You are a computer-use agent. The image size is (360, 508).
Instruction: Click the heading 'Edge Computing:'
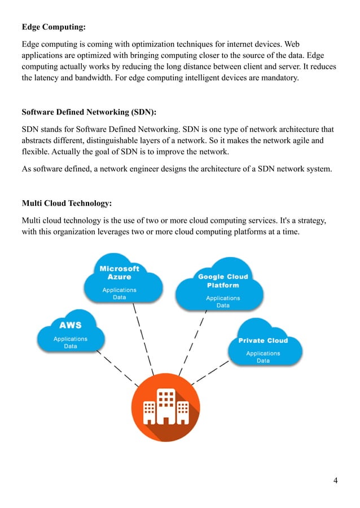[x=54, y=26]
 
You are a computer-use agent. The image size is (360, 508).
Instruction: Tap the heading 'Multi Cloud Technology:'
[x=66, y=203]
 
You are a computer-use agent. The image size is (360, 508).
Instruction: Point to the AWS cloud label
[x=71, y=325]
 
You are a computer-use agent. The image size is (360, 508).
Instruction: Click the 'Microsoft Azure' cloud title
[x=119, y=273]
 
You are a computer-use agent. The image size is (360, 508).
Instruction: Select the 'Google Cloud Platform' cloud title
[x=222, y=281]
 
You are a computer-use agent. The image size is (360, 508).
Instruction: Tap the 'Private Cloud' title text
[x=263, y=341]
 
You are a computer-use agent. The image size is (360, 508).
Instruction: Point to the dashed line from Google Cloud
[x=192, y=341]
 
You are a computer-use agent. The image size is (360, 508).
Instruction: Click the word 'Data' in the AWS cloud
[x=71, y=346]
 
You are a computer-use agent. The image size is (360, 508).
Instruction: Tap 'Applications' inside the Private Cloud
[x=263, y=354]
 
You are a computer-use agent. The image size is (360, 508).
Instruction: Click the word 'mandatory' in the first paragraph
[x=279, y=78]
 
